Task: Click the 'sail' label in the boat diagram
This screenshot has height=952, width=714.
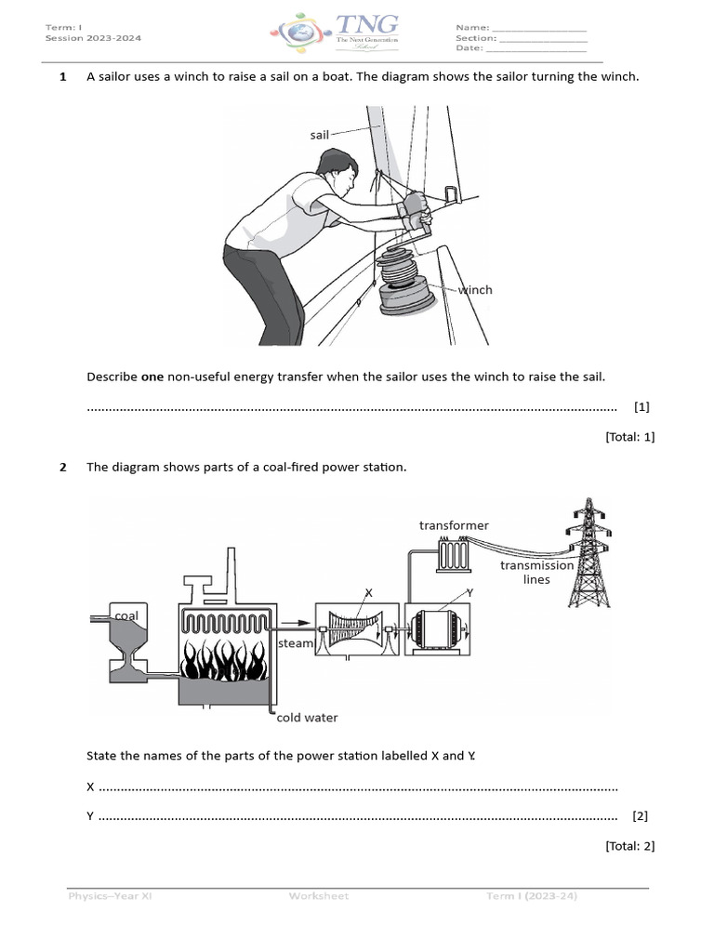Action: tap(319, 135)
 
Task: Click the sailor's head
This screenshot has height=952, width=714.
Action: tap(337, 171)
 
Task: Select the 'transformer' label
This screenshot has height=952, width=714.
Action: tap(454, 525)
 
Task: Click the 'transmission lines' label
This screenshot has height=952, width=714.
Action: tap(536, 572)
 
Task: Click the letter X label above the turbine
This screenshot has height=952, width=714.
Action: tap(368, 592)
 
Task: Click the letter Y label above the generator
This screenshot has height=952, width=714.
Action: tap(469, 592)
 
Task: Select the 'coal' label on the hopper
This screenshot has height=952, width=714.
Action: tap(126, 615)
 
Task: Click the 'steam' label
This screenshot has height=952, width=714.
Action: tap(296, 643)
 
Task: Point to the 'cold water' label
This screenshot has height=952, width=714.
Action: tap(308, 718)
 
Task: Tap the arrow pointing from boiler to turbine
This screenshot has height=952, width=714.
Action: tap(296, 623)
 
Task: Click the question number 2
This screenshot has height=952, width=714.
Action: tap(63, 467)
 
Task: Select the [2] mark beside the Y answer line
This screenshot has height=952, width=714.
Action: tap(640, 816)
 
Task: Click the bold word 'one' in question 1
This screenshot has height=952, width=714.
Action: tap(152, 377)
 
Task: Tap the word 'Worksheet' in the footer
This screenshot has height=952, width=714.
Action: tap(319, 896)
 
